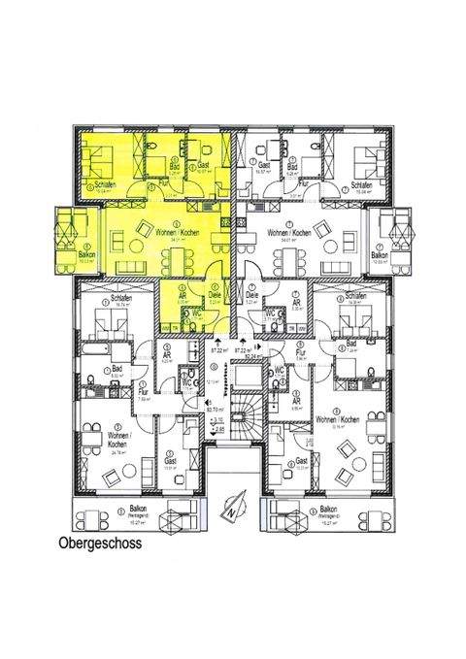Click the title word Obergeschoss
100,544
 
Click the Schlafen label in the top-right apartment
362,184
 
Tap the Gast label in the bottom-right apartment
302,460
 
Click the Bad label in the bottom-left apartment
116,370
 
